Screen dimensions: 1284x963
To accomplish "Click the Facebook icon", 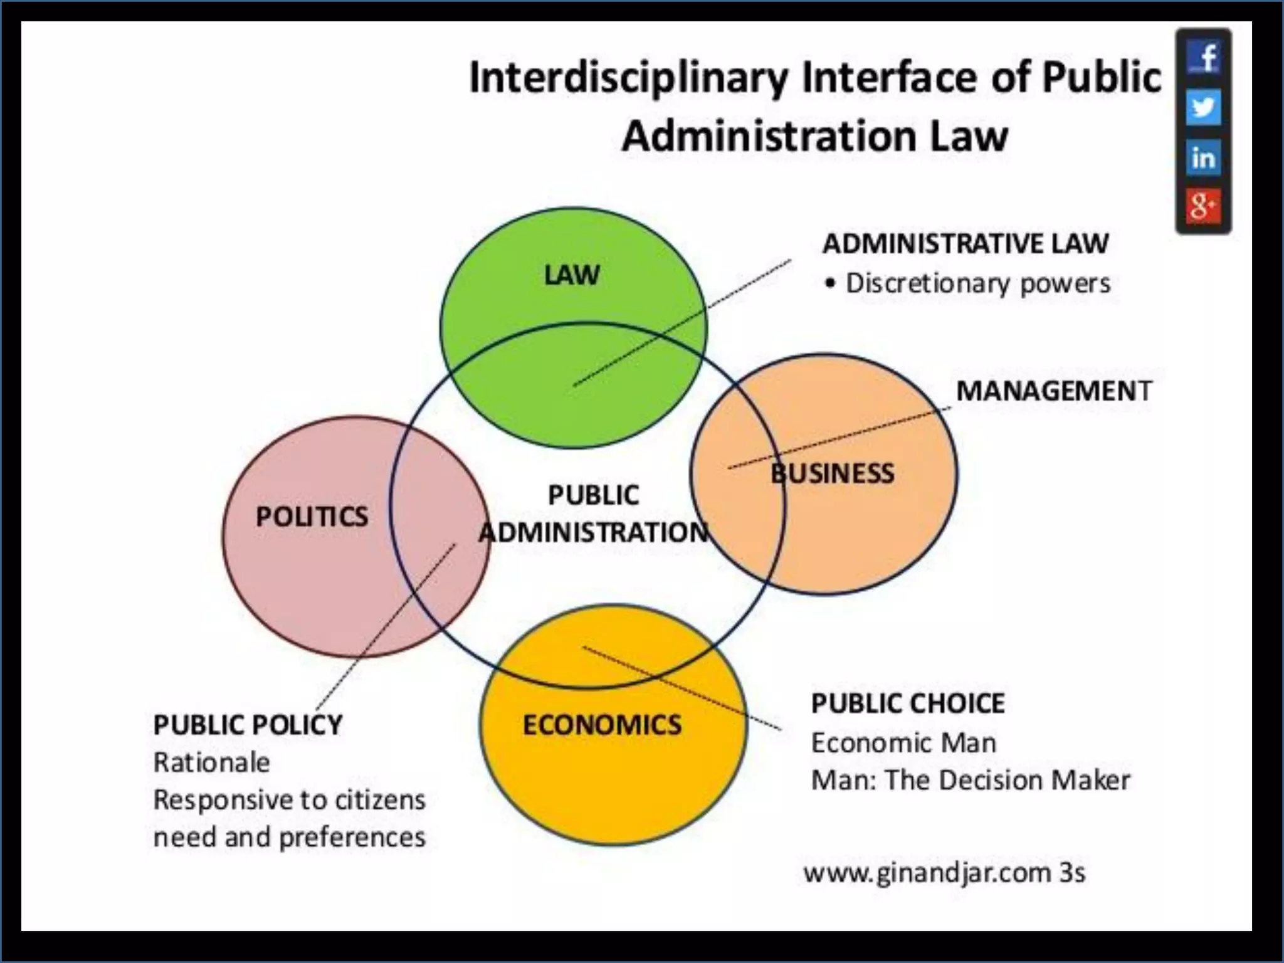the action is (1203, 58).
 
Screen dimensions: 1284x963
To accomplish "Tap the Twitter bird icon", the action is (1203, 107).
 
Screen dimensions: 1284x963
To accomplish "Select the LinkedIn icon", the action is (1203, 157).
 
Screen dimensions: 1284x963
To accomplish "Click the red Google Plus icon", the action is (1203, 206).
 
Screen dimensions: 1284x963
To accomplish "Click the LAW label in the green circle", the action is (572, 275).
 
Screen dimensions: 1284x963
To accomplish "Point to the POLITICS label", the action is (312, 517).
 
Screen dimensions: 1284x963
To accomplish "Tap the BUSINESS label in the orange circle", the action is (832, 473).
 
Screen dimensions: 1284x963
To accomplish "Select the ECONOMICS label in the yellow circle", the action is (602, 725).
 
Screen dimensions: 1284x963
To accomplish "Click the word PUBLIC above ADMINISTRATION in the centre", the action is (593, 495).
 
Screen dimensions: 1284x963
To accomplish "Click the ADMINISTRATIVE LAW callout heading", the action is (966, 244).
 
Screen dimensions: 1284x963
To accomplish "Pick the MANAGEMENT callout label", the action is (1054, 391).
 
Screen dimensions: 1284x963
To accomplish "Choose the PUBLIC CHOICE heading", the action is (908, 703).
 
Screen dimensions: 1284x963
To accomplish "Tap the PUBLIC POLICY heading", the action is (248, 725).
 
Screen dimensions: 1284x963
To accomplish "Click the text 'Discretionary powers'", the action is (977, 283).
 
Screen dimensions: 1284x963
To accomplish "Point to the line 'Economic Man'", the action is (903, 744).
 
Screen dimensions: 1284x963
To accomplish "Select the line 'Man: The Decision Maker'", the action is (971, 781).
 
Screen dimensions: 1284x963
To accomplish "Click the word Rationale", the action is (212, 763).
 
